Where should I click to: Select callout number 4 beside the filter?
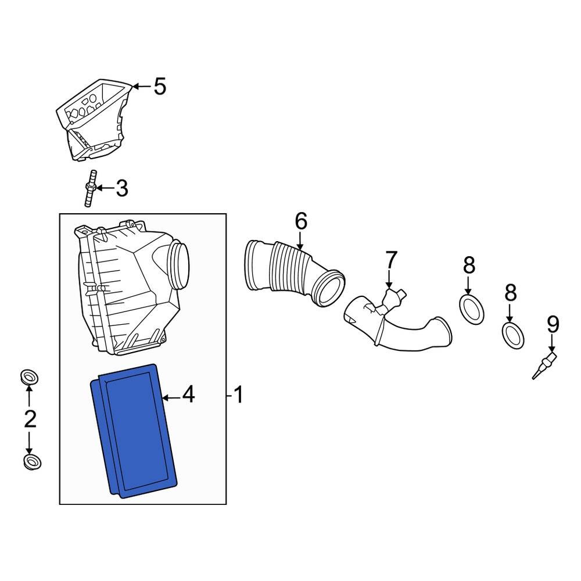point(188,396)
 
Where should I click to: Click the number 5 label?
point(159,87)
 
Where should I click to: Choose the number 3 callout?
point(121,188)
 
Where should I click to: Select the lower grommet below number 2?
point(31,462)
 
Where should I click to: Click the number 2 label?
point(30,419)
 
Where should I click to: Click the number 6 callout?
point(300,221)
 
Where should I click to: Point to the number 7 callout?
point(391,260)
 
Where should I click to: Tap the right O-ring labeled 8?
point(512,336)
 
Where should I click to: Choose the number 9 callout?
point(553,325)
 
